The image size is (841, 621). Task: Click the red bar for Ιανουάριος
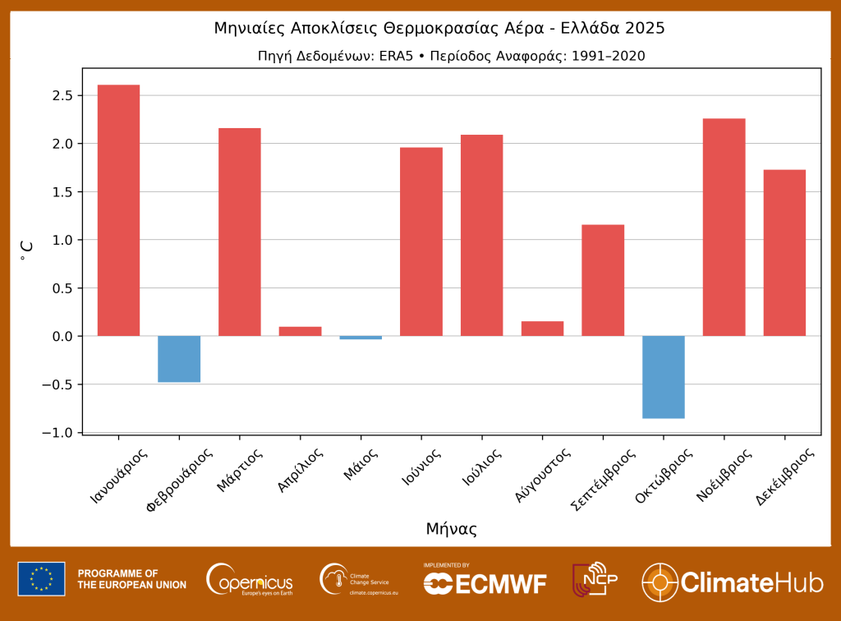[118, 210]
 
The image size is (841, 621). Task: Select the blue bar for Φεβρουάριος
[179, 359]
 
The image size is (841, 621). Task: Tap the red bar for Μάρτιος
[239, 232]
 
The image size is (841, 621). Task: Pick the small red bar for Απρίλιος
[300, 331]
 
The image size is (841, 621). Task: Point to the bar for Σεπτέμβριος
[603, 280]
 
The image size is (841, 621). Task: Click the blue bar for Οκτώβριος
[664, 377]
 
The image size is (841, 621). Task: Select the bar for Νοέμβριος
[724, 228]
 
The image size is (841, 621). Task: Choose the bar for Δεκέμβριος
[784, 253]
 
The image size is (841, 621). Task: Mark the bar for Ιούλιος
[481, 235]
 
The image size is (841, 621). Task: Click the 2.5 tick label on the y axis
[62, 96]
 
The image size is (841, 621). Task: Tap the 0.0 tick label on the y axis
[62, 337]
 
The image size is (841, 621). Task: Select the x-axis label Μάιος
[362, 467]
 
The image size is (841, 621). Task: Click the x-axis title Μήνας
[451, 529]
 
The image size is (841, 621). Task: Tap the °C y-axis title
[26, 251]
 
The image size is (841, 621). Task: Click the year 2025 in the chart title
[643, 28]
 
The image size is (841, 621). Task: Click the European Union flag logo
[41, 579]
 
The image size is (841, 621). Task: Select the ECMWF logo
[485, 581]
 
